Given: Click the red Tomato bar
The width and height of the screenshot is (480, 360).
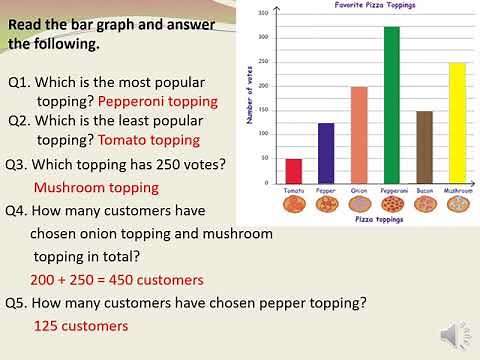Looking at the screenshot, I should pyautogui.click(x=294, y=171).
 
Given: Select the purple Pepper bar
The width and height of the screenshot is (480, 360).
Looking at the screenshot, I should pyautogui.click(x=325, y=153).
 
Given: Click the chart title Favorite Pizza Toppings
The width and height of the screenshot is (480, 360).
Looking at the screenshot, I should pyautogui.click(x=374, y=6).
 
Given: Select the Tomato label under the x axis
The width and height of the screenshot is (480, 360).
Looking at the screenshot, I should pyautogui.click(x=294, y=189).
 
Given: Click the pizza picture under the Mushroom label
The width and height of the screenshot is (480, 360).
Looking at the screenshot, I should pyautogui.click(x=457, y=204).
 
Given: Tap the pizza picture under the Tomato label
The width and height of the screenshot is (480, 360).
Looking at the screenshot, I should pyautogui.click(x=294, y=204).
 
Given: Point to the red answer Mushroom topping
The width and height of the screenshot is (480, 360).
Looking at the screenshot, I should pyautogui.click(x=96, y=187).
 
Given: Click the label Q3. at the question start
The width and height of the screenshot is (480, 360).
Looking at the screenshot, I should pyautogui.click(x=18, y=164).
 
